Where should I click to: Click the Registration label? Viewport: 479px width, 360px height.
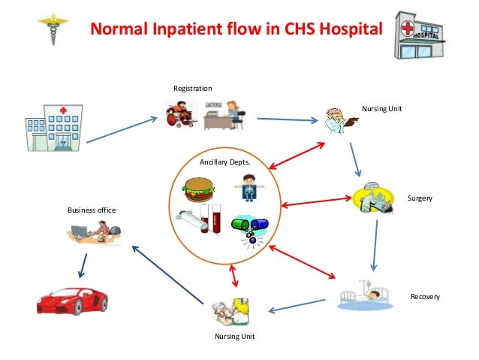point(192,89)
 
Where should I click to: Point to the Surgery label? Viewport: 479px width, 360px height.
point(419,198)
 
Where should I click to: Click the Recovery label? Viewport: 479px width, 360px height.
point(425,297)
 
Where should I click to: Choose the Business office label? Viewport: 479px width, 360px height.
point(92,210)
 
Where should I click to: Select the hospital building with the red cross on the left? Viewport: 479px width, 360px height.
point(53,128)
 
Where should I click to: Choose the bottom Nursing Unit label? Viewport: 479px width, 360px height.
point(235,336)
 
